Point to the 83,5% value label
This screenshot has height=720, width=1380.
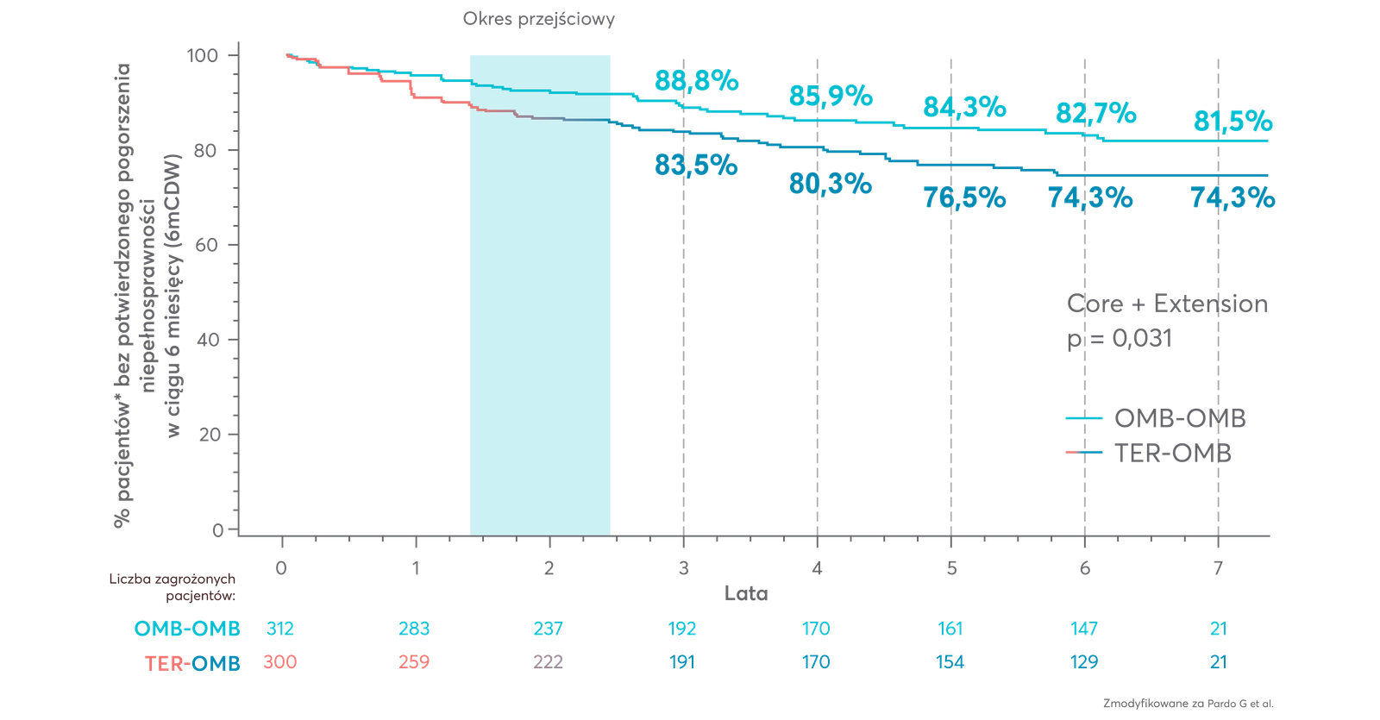click(695, 164)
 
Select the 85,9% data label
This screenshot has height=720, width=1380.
click(830, 97)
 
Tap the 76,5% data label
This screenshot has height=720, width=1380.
click(963, 197)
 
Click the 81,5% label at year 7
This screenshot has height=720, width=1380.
click(1233, 122)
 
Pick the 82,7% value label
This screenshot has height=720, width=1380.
click(1095, 113)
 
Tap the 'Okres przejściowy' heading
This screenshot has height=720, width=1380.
click(539, 19)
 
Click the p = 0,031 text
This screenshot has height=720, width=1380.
click(1119, 339)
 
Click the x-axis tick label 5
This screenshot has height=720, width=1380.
click(950, 568)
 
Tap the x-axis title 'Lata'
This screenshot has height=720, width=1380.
click(746, 593)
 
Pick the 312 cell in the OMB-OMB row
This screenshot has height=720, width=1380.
click(280, 629)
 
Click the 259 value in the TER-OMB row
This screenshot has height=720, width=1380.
click(414, 662)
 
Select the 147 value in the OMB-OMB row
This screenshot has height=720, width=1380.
click(1083, 629)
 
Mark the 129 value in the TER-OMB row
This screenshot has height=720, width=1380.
click(1083, 662)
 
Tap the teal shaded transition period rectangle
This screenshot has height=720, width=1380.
click(540, 293)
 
